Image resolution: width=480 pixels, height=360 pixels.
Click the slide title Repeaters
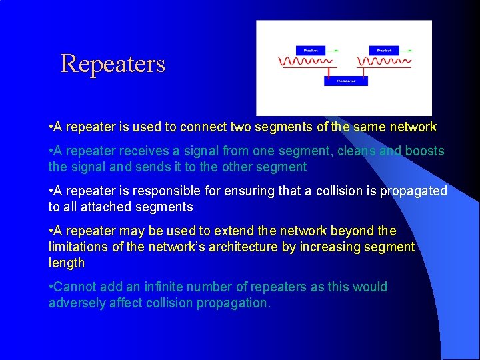pyautogui.click(x=113, y=64)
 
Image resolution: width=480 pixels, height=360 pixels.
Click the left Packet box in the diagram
pyautogui.click(x=311, y=50)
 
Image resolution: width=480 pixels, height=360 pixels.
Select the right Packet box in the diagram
pyautogui.click(x=383, y=50)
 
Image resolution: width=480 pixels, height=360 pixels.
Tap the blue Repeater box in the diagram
pyautogui.click(x=345, y=81)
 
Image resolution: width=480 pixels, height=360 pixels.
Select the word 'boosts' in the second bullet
pyautogui.click(x=423, y=151)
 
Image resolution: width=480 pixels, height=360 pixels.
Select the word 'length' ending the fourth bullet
pyautogui.click(x=67, y=263)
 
